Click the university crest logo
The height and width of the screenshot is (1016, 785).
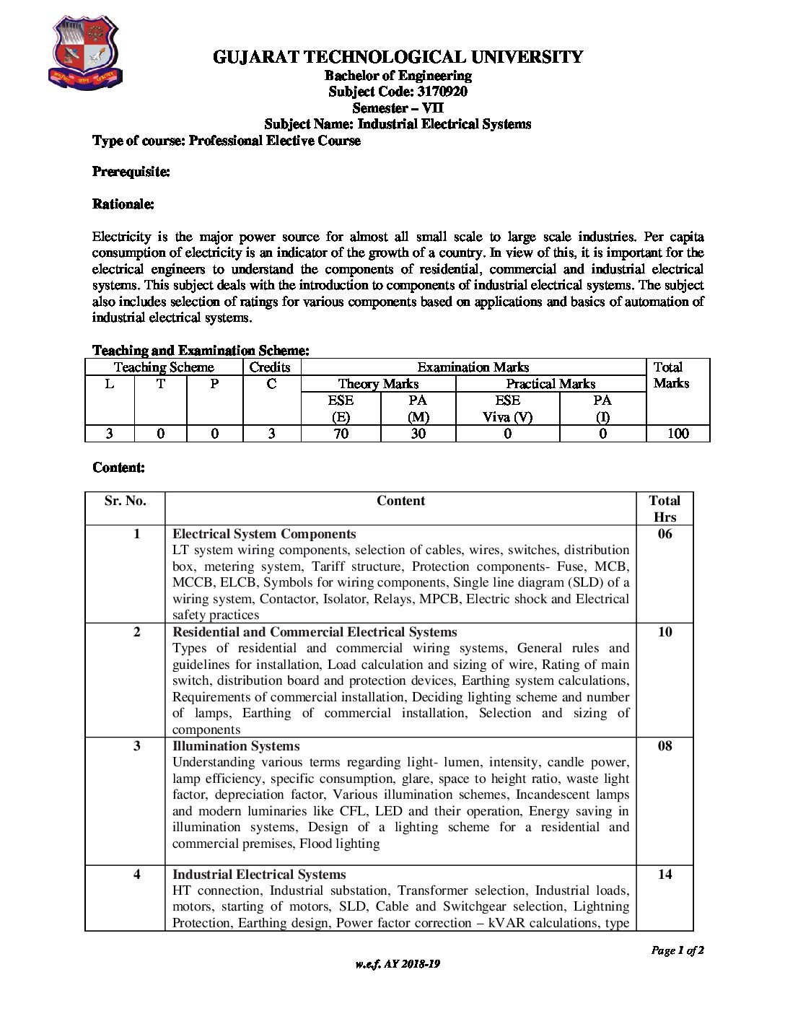point(84,53)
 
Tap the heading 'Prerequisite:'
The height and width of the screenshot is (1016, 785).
point(131,172)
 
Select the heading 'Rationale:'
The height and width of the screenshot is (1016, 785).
point(123,204)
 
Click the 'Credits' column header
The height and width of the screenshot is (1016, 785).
point(270,367)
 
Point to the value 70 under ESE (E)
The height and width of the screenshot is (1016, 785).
point(341,434)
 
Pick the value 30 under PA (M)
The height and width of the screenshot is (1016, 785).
point(418,434)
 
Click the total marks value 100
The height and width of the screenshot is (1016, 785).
point(677,434)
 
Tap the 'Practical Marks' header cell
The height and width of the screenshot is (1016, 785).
point(551,384)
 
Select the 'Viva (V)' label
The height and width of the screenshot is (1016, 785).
point(507,417)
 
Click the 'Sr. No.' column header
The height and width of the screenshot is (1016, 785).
point(125,501)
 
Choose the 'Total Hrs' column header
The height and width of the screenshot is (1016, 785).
point(665,509)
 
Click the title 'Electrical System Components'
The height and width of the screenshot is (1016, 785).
point(264,534)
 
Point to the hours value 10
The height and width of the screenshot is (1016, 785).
point(665,632)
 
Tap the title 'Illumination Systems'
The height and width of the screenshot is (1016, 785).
point(236,746)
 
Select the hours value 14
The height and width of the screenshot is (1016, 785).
point(665,875)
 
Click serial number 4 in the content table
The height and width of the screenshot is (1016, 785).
point(136,875)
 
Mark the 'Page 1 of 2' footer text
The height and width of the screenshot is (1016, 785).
point(677,950)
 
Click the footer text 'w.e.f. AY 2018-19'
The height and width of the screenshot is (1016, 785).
point(398,964)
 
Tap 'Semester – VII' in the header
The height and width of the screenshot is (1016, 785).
point(398,108)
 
